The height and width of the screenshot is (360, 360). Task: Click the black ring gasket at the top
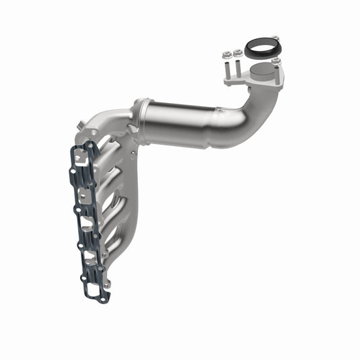[x=259, y=48]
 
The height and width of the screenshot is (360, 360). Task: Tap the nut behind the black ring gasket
[x=275, y=38]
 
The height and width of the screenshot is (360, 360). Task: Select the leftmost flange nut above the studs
[x=227, y=53]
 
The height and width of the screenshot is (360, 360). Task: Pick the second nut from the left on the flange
[x=238, y=52]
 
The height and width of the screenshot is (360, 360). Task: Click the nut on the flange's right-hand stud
[x=276, y=61]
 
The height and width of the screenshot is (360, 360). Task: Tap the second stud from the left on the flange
[x=238, y=68]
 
